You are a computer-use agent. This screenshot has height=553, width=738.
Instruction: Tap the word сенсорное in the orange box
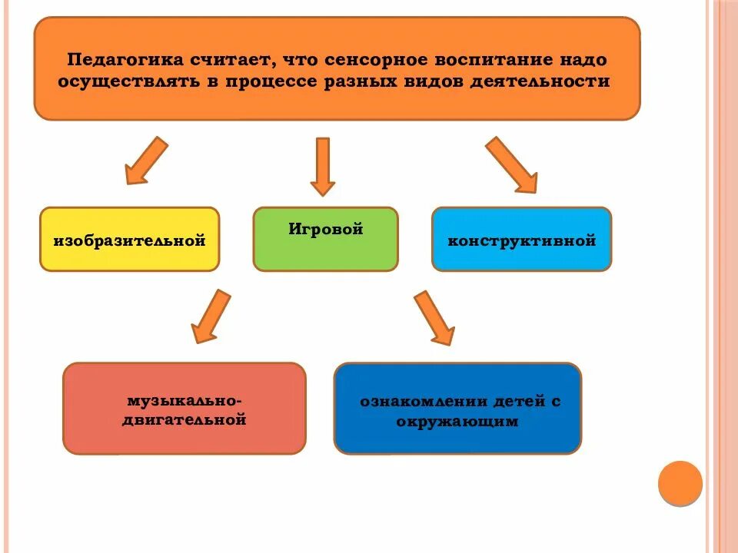[371, 59]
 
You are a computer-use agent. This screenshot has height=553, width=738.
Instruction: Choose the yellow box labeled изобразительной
[129, 240]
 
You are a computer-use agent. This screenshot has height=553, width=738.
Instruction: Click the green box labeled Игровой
[325, 239]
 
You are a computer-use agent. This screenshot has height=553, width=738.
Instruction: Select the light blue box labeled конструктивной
[521, 240]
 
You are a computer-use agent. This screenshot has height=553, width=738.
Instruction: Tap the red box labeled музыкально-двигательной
[184, 409]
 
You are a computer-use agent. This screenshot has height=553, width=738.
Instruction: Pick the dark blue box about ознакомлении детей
[457, 409]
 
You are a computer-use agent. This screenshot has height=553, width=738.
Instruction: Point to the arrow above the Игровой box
[323, 165]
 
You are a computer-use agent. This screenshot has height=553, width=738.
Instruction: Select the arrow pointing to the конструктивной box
[512, 164]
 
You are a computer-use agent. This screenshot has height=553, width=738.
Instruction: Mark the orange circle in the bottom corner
[680, 483]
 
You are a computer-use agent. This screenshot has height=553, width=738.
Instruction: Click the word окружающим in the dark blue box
[458, 422]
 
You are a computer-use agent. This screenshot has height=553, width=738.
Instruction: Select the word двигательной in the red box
[184, 420]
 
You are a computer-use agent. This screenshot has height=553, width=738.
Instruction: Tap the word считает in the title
[234, 59]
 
